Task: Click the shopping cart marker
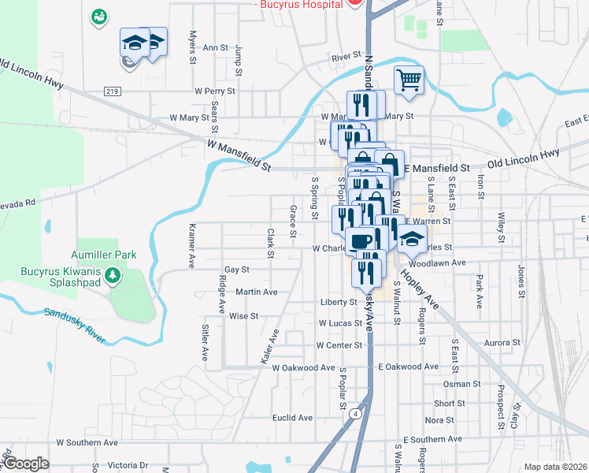pyautogui.click(x=409, y=80)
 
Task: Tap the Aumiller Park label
pyautogui.click(x=103, y=255)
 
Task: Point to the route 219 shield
pyautogui.click(x=111, y=92)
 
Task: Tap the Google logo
pyautogui.click(x=26, y=464)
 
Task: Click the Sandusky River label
pyautogui.click(x=75, y=326)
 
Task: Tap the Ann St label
pyautogui.click(x=215, y=47)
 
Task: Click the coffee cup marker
pyautogui.click(x=361, y=240)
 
